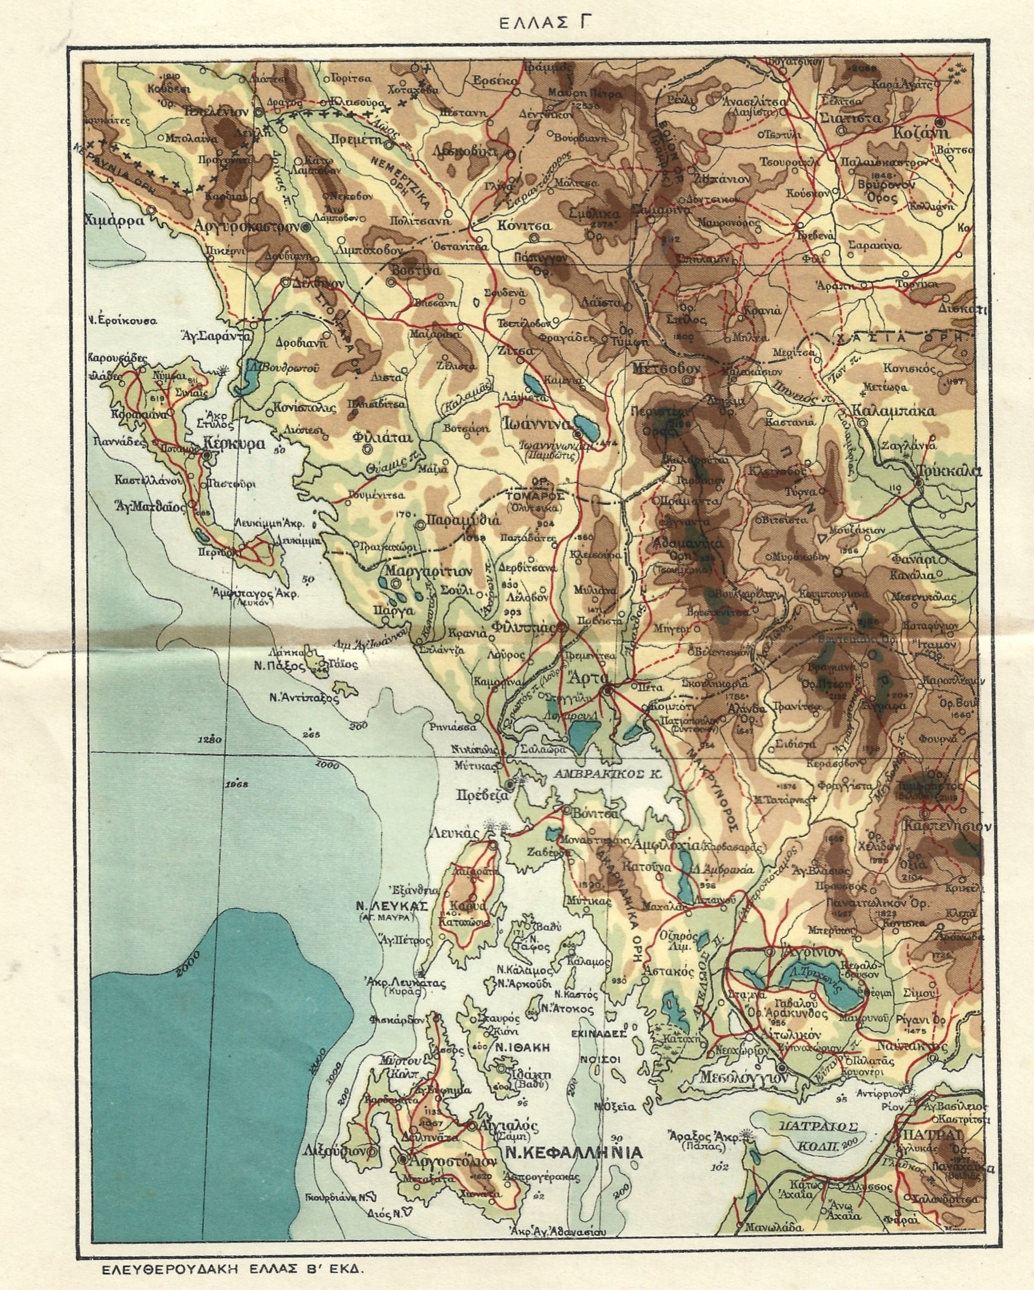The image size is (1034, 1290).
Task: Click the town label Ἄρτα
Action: (x=589, y=679)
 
